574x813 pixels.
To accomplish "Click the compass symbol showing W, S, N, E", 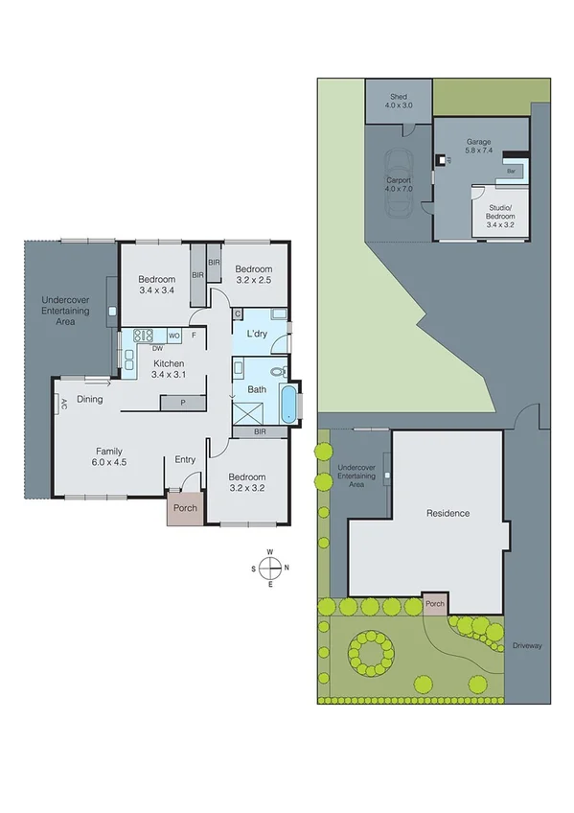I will (x=270, y=568).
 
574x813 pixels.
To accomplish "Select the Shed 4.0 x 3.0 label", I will (x=399, y=101).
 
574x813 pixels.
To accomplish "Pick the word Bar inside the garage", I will (x=512, y=171).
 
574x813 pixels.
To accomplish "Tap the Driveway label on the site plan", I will (x=527, y=645).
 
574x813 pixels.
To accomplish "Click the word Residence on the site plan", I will (x=448, y=513).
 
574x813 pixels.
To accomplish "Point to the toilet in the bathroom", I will (x=277, y=370).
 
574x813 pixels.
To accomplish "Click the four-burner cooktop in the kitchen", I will (x=144, y=336).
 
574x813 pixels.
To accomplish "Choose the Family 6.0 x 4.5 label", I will (x=109, y=455).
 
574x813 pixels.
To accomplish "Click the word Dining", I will (x=90, y=399).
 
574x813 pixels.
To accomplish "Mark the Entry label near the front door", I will (x=185, y=460).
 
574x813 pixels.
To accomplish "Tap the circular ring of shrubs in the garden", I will (x=370, y=653).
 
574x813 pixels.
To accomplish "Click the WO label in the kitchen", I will (x=173, y=336).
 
